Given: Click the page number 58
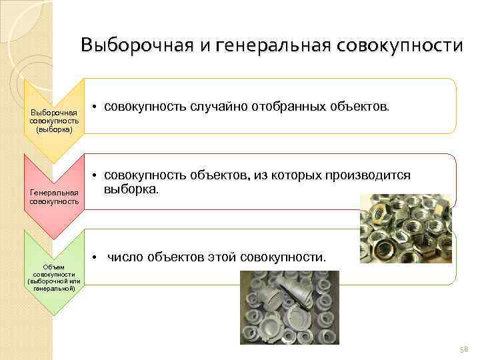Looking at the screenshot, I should (464, 349).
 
